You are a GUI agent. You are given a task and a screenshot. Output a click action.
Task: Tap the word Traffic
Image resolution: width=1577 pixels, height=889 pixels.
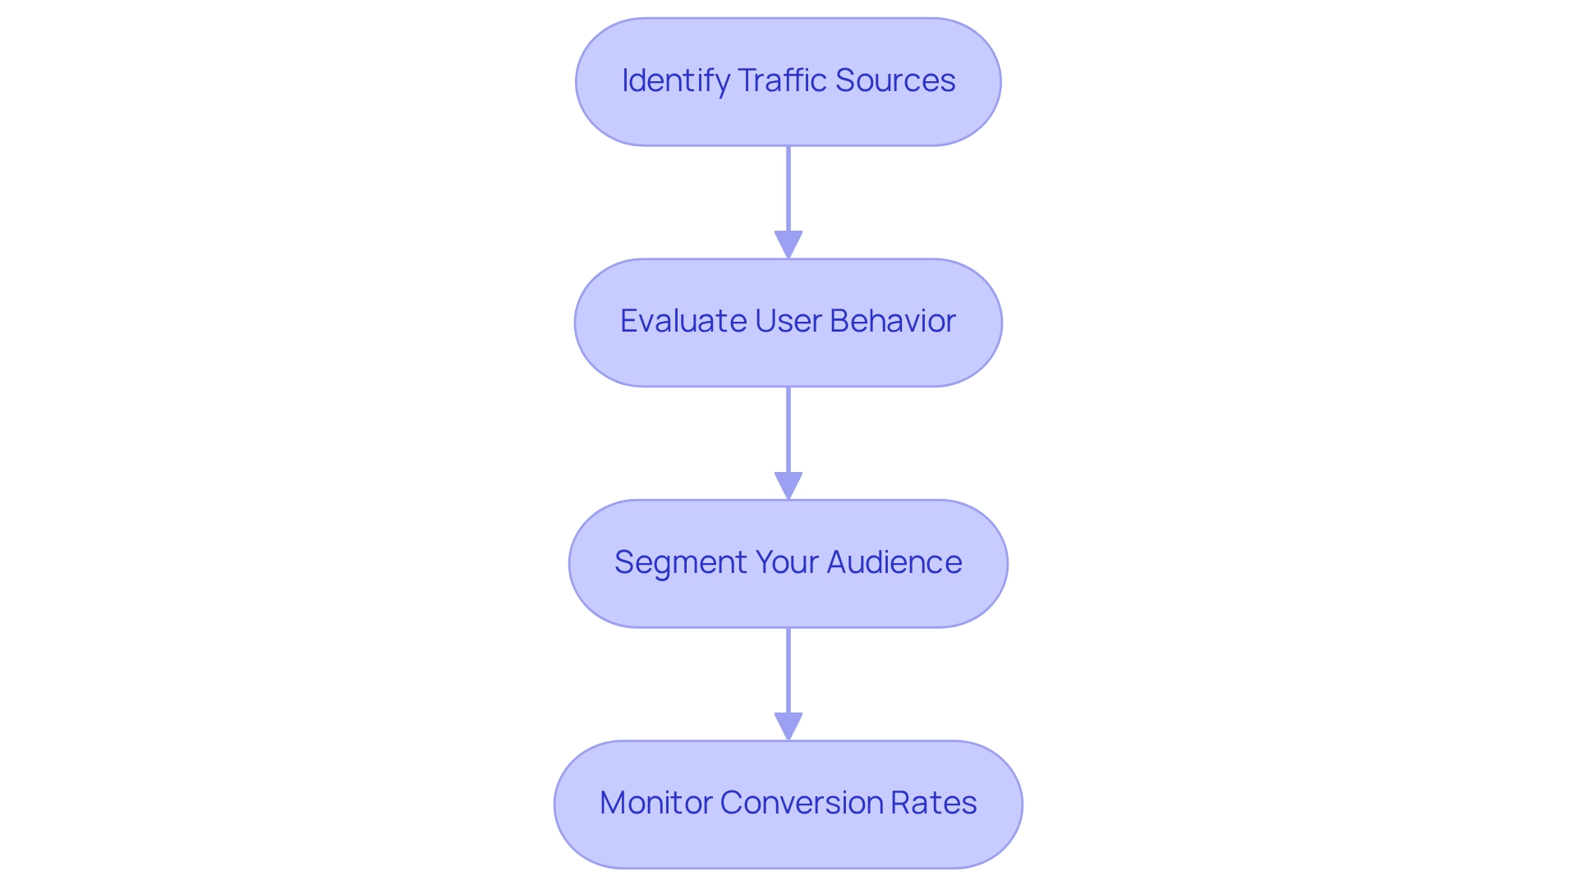pos(781,80)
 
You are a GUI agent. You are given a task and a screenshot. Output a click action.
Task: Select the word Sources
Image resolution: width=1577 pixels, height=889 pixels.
pos(894,80)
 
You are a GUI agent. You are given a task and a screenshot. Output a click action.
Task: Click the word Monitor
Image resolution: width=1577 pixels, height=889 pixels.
pos(655,803)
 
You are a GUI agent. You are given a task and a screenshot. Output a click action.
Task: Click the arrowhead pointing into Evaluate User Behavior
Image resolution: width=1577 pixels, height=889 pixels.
pos(788,245)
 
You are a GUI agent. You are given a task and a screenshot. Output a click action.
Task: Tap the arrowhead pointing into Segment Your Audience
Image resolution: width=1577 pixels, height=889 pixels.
pos(788,485)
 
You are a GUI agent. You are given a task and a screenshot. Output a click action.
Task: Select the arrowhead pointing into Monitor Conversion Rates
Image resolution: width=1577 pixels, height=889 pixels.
pos(788,726)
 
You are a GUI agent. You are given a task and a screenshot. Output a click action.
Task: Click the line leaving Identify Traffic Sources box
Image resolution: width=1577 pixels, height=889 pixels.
pos(788,189)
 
